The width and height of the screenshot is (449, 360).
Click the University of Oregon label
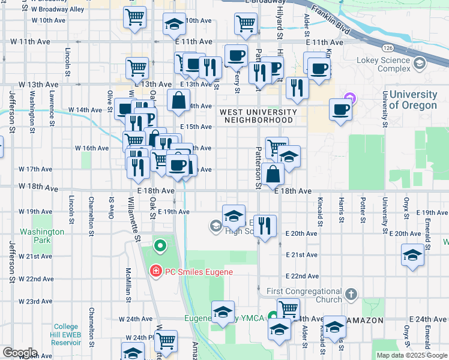click(x=413, y=100)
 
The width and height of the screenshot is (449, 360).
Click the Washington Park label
click(x=41, y=236)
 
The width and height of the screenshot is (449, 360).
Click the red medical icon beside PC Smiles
click(x=156, y=272)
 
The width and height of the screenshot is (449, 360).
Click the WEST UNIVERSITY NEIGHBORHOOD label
click(x=258, y=116)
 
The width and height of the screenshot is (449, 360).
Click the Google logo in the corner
click(x=19, y=353)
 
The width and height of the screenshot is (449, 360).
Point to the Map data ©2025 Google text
click(x=412, y=355)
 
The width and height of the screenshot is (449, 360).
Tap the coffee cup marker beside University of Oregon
click(x=341, y=110)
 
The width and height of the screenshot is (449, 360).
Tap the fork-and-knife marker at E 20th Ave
click(x=265, y=227)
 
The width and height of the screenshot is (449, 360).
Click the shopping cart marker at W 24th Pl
click(x=166, y=341)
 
